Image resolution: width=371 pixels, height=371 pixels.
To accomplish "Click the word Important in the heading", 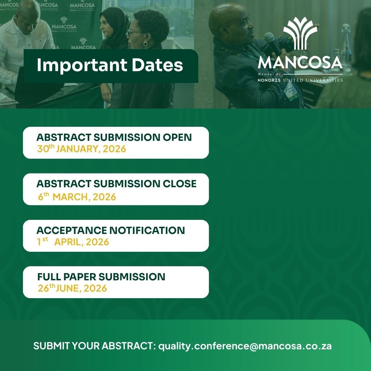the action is tap(82, 65).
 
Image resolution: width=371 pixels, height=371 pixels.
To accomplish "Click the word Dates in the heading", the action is tap(157, 65).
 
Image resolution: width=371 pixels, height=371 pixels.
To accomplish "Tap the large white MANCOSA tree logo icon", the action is tap(300, 33).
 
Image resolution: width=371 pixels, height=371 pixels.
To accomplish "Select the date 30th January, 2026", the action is tap(81, 149).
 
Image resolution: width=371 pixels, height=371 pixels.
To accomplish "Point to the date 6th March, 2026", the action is tap(77, 196).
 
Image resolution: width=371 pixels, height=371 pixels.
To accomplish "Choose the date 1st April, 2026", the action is tap(73, 241).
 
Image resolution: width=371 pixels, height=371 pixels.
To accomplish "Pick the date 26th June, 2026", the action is tap(72, 288).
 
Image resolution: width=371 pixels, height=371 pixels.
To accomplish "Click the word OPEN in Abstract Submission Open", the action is tap(177, 137).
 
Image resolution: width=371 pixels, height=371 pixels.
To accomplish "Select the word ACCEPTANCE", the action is tap(72, 230).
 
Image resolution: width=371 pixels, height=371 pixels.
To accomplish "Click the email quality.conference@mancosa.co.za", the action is tap(245, 346).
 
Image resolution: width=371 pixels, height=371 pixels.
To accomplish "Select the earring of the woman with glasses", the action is tap(146, 44).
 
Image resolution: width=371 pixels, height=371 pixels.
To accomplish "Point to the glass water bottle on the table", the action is tap(346, 47).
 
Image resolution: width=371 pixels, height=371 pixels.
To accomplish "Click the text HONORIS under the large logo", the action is tap(269, 80).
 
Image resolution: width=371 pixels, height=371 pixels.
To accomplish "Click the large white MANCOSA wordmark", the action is tap(300, 63).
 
